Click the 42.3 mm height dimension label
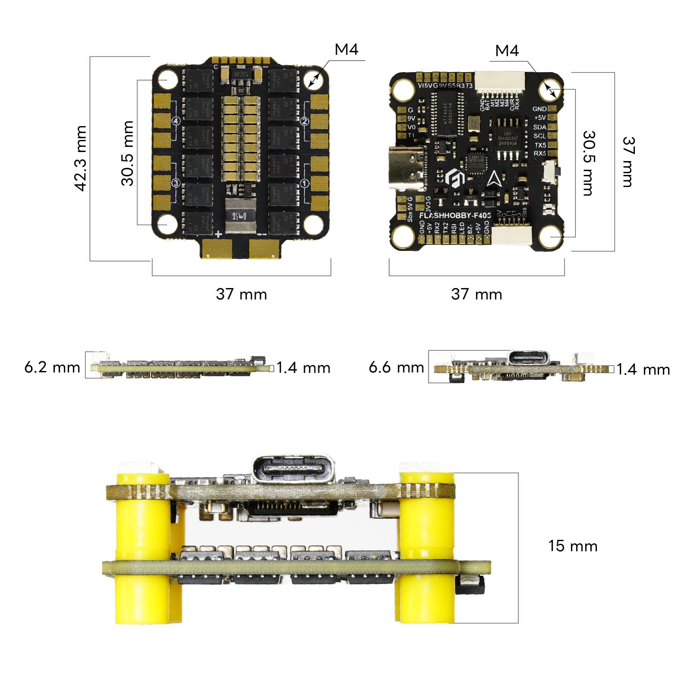pos(81,158)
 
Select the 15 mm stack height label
pos(573,546)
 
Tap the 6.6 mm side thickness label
pos(396,368)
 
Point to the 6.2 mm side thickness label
pos(52,368)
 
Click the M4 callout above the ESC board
pos(346,50)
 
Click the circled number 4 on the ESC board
pos(176,121)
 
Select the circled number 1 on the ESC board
pos(305,183)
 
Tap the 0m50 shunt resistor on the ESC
pos(241,216)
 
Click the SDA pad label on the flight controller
pos(540,127)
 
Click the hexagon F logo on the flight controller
pos(455,178)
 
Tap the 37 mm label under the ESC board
pos(241,295)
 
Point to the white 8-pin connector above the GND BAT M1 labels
pos(499,82)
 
